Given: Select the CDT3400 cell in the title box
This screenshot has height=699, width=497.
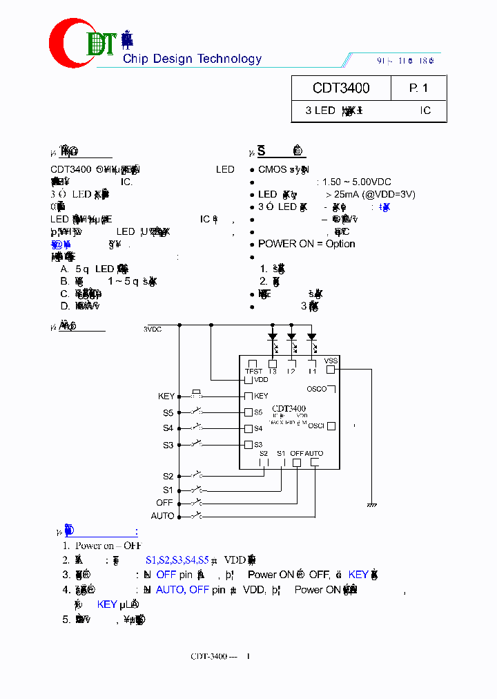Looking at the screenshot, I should (x=341, y=88).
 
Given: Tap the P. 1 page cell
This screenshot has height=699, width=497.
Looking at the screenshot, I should (x=418, y=88).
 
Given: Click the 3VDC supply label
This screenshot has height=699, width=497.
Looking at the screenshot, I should (x=153, y=329).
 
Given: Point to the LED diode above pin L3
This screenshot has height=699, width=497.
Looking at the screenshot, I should (x=273, y=338).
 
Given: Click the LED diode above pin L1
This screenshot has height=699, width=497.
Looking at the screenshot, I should (x=311, y=338).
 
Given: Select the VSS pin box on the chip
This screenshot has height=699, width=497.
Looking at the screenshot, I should (x=331, y=369).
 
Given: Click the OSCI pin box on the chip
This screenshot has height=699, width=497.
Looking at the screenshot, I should (x=331, y=425).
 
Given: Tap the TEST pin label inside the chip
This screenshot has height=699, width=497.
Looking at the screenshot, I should (x=253, y=372).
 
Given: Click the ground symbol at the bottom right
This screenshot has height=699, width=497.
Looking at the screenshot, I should (x=372, y=505).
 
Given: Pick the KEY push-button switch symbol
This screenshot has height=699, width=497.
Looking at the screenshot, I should (x=197, y=394).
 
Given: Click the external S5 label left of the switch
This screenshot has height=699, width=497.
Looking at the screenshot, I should (x=168, y=413).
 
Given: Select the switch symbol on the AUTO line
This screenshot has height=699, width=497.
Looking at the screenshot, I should (x=198, y=515).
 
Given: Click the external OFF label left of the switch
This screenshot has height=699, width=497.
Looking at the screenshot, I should (x=164, y=503).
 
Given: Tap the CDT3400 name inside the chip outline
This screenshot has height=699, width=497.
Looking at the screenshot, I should (x=289, y=408).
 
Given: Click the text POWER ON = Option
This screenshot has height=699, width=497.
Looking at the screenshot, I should (x=306, y=244).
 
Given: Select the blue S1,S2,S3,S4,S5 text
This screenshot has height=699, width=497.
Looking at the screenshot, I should (x=177, y=559).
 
